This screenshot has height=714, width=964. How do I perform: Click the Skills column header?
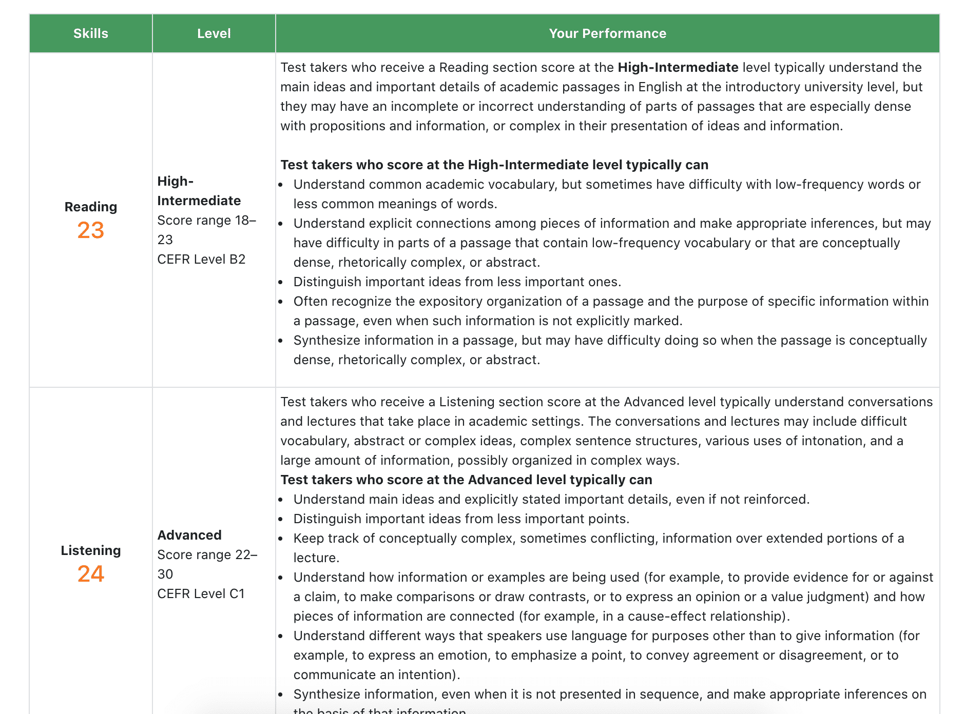coord(90,33)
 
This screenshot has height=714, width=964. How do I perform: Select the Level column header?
coord(214,33)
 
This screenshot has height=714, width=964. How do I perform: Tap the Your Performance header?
coord(607,33)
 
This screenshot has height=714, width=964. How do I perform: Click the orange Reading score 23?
coord(91,230)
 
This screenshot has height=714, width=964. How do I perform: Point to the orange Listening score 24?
coord(91,573)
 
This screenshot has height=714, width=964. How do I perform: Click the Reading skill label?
coord(91,207)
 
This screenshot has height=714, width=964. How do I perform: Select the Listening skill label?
coord(91,550)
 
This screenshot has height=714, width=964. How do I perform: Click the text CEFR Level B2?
coord(201,259)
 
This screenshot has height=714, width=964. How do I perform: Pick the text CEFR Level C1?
coord(201,593)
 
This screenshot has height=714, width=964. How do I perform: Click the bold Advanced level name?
coord(189,535)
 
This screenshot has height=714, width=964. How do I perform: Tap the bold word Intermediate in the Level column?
coord(199,201)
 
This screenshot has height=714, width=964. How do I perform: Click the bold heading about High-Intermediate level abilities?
coord(494,165)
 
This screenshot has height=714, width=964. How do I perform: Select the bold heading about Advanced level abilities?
coord(466,480)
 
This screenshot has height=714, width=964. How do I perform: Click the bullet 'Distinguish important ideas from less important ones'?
coord(457,282)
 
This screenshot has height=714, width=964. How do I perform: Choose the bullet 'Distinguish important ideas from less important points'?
coord(461,519)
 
